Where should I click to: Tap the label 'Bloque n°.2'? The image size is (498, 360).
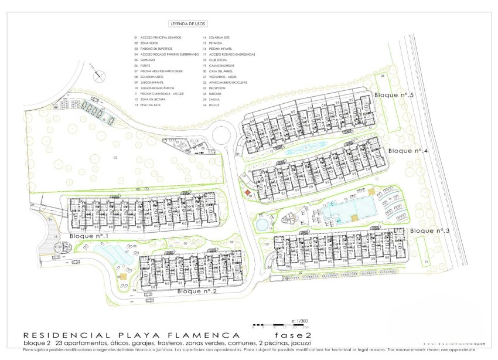[x=197, y=290]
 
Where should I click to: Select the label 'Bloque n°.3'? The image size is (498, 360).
[x=429, y=230]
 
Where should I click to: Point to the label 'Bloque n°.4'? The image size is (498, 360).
[x=408, y=151]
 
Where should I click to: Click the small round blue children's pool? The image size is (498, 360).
[x=261, y=223]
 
